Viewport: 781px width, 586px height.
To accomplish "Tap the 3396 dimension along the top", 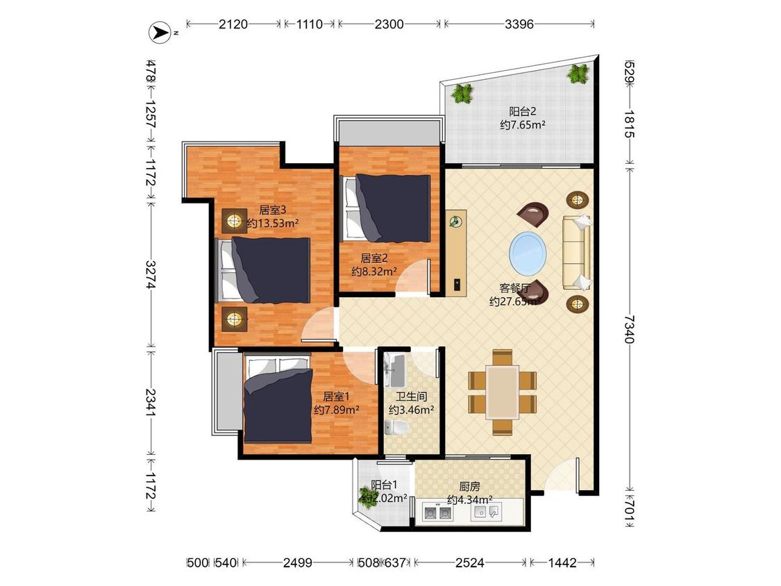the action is pyautogui.click(x=519, y=24).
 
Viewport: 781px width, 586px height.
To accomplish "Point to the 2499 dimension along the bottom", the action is pyautogui.click(x=297, y=562).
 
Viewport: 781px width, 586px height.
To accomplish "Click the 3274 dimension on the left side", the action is pyautogui.click(x=151, y=274).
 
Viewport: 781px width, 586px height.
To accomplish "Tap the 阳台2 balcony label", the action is pyautogui.click(x=522, y=111).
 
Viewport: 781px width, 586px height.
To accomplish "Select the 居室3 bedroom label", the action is pyautogui.click(x=272, y=210).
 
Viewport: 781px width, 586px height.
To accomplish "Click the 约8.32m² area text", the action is pyautogui.click(x=374, y=271).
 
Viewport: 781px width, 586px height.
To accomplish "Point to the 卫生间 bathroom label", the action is pyautogui.click(x=411, y=396).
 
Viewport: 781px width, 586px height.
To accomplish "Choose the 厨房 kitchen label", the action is pyautogui.click(x=469, y=486).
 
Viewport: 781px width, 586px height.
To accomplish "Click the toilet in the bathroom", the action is pyautogui.click(x=396, y=428).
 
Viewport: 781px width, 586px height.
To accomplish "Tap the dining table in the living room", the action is pyautogui.click(x=503, y=392).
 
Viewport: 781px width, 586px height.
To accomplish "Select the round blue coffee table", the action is pyautogui.click(x=528, y=253).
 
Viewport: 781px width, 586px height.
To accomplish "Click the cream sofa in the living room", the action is pyautogui.click(x=577, y=252).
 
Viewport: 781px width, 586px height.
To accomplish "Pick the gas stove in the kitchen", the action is pyautogui.click(x=437, y=512).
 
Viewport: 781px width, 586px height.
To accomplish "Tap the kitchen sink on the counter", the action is pyautogui.click(x=487, y=512).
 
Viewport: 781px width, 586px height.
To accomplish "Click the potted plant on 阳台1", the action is pyautogui.click(x=368, y=497).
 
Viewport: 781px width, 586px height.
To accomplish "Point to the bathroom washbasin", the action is pyautogui.click(x=396, y=370).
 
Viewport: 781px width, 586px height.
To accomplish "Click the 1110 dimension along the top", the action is pyautogui.click(x=310, y=24).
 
